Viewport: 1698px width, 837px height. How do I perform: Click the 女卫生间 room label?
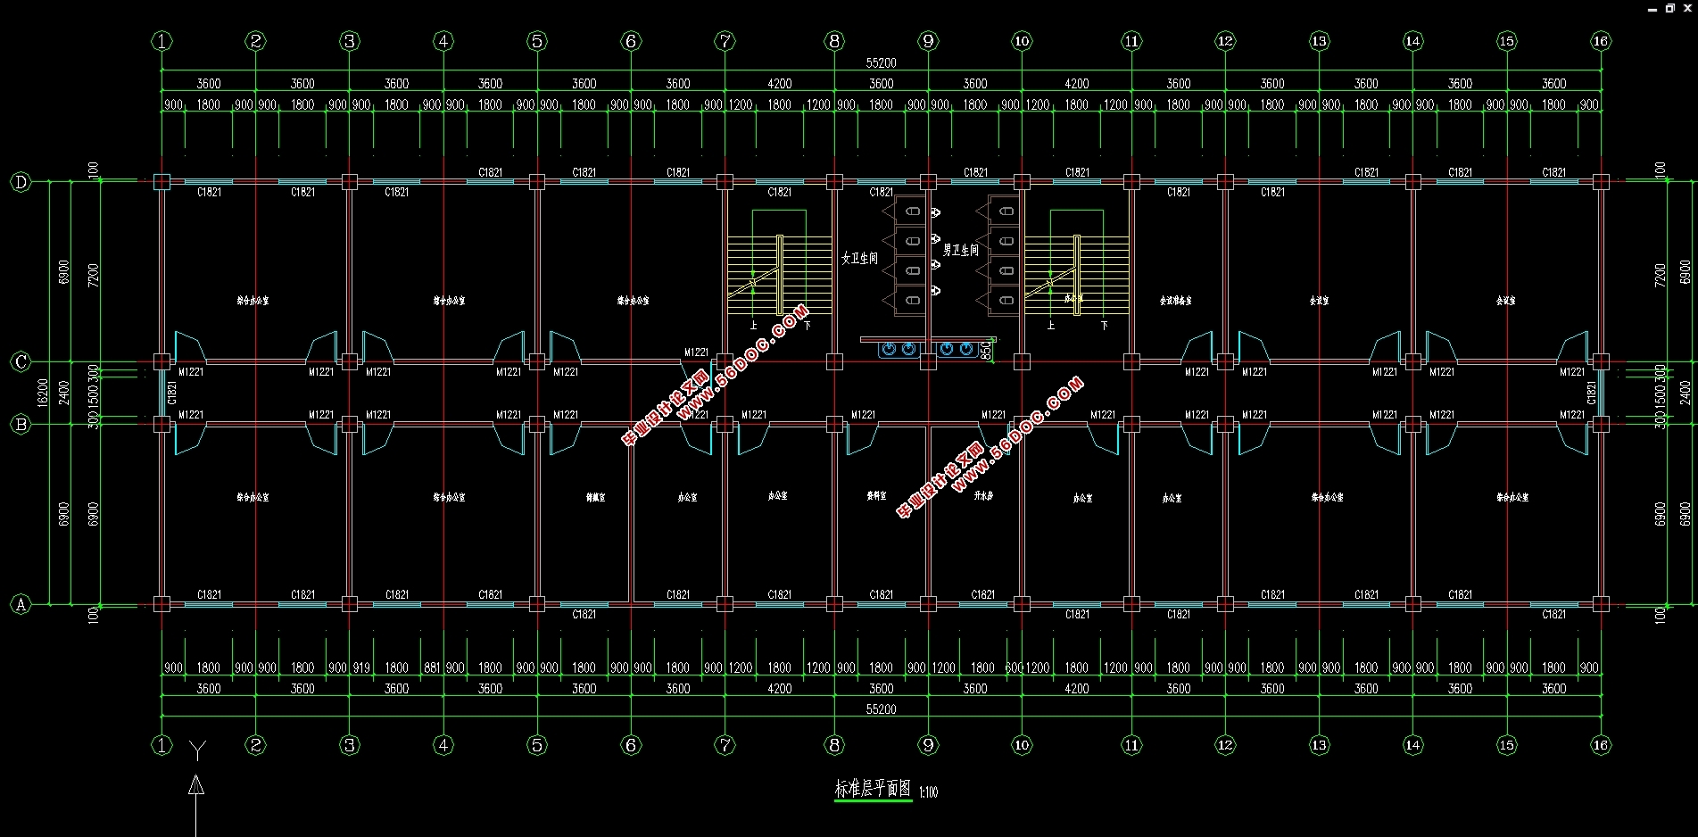pyautogui.click(x=859, y=258)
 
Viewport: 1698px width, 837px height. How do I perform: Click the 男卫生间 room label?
pyautogui.click(x=961, y=251)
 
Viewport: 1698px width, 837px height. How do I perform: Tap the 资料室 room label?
pyautogui.click(x=877, y=495)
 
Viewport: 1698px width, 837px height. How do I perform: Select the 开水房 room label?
pyautogui.click(x=983, y=495)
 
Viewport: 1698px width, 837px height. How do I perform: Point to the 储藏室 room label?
pyautogui.click(x=595, y=497)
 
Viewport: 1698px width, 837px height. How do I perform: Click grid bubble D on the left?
pyautogui.click(x=21, y=183)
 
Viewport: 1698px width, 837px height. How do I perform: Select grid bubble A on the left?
pyautogui.click(x=21, y=605)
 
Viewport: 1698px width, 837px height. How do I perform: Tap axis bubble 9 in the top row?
pyautogui.click(x=928, y=41)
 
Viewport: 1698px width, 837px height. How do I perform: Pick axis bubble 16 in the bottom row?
pyautogui.click(x=1601, y=745)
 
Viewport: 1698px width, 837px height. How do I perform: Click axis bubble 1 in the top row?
pyautogui.click(x=162, y=41)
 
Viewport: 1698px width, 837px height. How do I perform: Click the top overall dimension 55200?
pyautogui.click(x=881, y=63)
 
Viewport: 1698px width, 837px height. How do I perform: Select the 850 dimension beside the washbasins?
pyautogui.click(x=986, y=351)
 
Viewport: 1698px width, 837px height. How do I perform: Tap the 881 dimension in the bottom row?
pyautogui.click(x=432, y=667)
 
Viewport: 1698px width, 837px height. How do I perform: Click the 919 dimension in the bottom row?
pyautogui.click(x=361, y=667)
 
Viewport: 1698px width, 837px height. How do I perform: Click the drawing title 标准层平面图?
pyautogui.click(x=873, y=789)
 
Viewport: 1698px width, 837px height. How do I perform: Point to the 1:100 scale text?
pyautogui.click(x=928, y=791)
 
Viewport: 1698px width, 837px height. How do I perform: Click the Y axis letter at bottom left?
pyautogui.click(x=197, y=750)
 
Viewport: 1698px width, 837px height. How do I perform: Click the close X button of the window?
pyautogui.click(x=1687, y=8)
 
